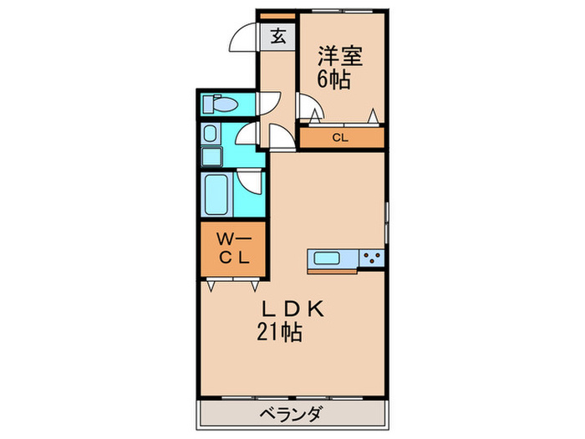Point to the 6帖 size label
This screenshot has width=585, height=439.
[x=333, y=80]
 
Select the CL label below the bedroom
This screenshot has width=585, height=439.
[x=340, y=138]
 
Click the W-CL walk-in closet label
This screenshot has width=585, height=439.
[x=233, y=248]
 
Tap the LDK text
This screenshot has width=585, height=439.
[x=290, y=309]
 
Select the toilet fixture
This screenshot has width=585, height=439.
[x=223, y=105]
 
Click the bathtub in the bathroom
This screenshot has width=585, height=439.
[x=216, y=195]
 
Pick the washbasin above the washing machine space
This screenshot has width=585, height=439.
[x=210, y=135]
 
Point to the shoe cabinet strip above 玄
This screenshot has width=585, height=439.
[x=277, y=16]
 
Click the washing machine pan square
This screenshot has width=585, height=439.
[x=211, y=156]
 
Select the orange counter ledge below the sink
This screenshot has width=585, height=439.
[x=333, y=269]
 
